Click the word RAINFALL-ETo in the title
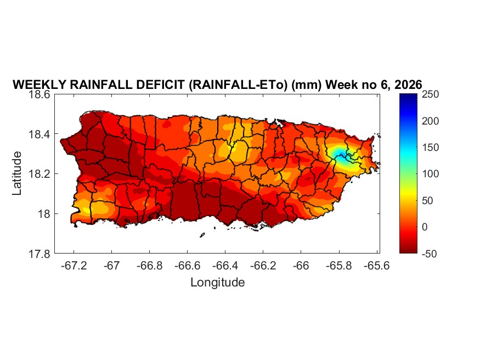[x=241, y=85]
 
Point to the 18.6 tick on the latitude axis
[x=40, y=94]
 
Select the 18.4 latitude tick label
[x=40, y=134]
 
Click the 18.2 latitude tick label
[x=40, y=174]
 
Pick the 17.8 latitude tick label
[x=40, y=254]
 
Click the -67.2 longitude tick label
[x=74, y=266]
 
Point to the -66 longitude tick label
[x=301, y=266]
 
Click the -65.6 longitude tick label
[x=376, y=266]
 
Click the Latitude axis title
[x=18, y=173]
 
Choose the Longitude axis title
[x=217, y=283]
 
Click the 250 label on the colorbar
[x=433, y=94]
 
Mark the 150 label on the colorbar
[x=433, y=148]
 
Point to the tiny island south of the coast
[x=202, y=235]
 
